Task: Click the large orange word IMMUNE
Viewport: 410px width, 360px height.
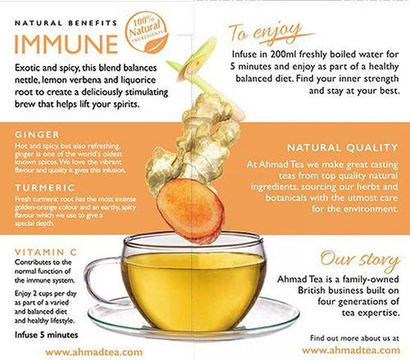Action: (x=66, y=44)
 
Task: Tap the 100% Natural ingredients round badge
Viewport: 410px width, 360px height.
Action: (x=146, y=32)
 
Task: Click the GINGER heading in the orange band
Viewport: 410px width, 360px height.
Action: (x=37, y=135)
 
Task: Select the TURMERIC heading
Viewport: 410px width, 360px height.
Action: (x=45, y=188)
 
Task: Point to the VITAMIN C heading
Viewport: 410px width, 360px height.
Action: (x=46, y=252)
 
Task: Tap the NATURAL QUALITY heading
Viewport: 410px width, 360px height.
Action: (x=342, y=148)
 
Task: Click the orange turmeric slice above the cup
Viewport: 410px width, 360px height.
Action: (x=190, y=210)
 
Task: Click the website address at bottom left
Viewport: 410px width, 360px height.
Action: (x=94, y=352)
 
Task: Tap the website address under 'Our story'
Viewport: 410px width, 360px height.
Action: (x=351, y=350)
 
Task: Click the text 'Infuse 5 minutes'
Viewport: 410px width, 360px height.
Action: (x=47, y=335)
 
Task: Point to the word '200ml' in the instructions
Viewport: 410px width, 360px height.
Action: (x=283, y=55)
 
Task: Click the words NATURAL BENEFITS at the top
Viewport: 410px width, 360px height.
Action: (x=66, y=23)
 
